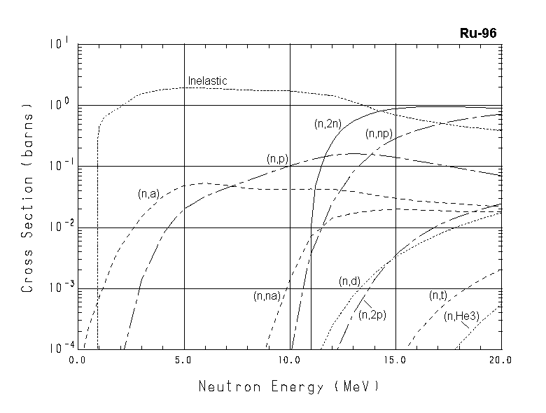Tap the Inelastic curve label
pos(207,81)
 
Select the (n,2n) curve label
pos(326,124)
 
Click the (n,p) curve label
pos(277,159)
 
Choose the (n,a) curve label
pos(148,194)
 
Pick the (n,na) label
pos(267,296)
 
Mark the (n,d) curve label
pos(349,281)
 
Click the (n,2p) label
pos(372,315)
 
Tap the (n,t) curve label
pos(438,296)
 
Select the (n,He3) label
pos(461,316)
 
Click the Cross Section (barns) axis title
pos(28,199)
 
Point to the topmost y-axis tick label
pos(59,44)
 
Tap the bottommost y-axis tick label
pos(59,347)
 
